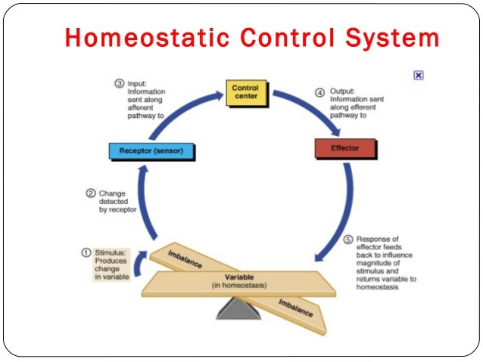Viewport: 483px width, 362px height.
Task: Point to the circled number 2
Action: pos(91,193)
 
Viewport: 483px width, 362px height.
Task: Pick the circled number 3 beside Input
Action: pos(119,83)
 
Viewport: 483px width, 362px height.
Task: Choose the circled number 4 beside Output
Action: pos(319,92)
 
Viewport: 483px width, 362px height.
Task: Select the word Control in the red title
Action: pos(285,38)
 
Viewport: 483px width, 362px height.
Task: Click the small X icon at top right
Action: pos(418,76)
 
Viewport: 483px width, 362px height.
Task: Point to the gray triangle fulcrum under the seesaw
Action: pos(238,308)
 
